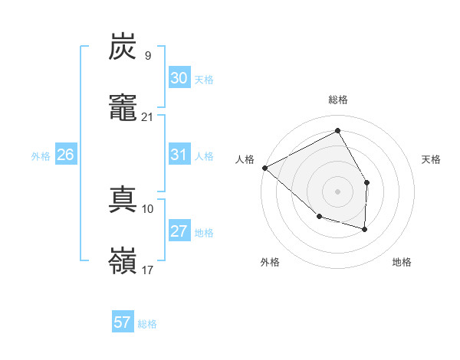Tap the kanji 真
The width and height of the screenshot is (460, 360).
(x=123, y=200)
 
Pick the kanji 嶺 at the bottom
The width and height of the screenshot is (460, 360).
(x=123, y=260)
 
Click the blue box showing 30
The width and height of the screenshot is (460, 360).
(x=179, y=78)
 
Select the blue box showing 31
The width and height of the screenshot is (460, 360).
(x=179, y=155)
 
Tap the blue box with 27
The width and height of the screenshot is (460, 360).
(x=179, y=231)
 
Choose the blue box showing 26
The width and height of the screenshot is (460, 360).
(x=65, y=155)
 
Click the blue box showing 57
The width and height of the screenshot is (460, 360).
(x=123, y=322)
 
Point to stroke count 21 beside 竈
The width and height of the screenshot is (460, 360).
(x=147, y=116)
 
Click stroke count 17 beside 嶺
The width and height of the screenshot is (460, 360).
(x=147, y=270)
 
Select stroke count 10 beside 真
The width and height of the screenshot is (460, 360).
(x=147, y=208)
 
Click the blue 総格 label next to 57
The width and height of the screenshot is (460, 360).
(x=147, y=324)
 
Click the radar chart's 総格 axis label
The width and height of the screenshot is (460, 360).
(x=337, y=100)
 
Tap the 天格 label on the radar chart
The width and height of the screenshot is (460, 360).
(x=432, y=159)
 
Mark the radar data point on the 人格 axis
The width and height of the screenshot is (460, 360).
(x=264, y=168)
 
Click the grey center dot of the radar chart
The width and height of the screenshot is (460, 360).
(x=337, y=191)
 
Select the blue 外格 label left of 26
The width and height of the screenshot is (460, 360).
(x=41, y=156)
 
